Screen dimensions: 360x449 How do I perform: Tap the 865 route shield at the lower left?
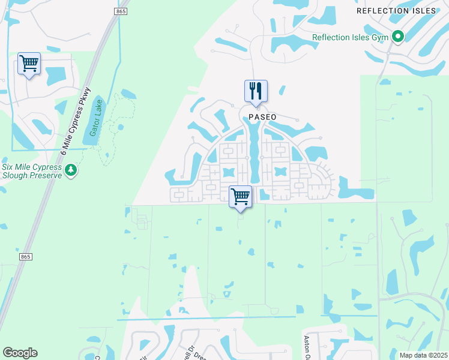click(x=25, y=257)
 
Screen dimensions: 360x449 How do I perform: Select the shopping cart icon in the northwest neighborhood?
click(x=29, y=64)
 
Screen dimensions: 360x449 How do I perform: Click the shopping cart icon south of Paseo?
click(x=240, y=196)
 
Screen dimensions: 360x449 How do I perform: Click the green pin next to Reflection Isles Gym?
click(x=397, y=37)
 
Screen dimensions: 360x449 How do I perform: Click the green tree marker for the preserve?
click(x=71, y=171)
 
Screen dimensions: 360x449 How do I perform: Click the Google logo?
click(x=20, y=353)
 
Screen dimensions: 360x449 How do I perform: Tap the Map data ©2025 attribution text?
click(x=423, y=355)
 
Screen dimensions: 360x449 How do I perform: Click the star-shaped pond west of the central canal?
click(x=228, y=173)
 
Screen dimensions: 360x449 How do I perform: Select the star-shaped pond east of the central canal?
click(x=279, y=172)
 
